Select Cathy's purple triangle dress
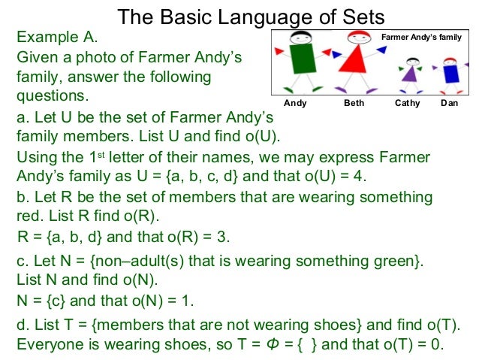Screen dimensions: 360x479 [410, 74]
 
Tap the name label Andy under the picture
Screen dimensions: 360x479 [295, 103]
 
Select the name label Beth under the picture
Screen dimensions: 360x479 [354, 103]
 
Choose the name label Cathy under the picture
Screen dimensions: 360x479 [408, 103]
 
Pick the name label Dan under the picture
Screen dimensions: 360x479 [450, 103]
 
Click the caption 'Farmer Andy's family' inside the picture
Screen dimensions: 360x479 [422, 36]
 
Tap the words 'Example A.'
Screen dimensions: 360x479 [57, 37]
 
